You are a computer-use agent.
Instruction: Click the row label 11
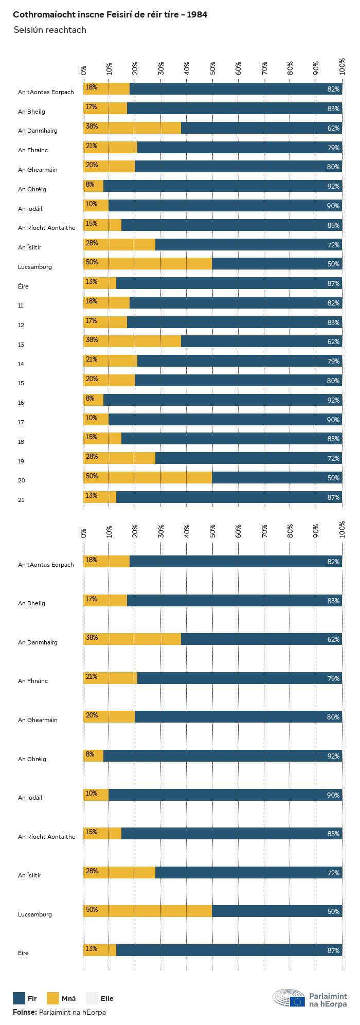pyautogui.click(x=21, y=305)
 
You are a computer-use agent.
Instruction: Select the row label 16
pyautogui.click(x=21, y=403)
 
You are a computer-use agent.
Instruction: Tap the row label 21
pyautogui.click(x=21, y=500)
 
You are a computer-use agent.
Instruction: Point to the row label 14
pyautogui.click(x=21, y=364)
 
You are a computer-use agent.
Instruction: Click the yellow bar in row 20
pyautogui.click(x=148, y=478)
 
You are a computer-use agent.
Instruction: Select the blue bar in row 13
pyautogui.click(x=261, y=341)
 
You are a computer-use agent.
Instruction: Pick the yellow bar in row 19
pyautogui.click(x=119, y=458)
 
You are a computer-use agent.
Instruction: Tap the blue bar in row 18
pyautogui.click(x=231, y=439)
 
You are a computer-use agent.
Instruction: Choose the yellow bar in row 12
pyautogui.click(x=105, y=322)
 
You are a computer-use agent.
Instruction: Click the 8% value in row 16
pyautogui.click(x=90, y=398)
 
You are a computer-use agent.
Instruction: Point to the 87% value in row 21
pyautogui.click(x=333, y=497)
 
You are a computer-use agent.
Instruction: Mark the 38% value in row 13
pyautogui.click(x=92, y=340)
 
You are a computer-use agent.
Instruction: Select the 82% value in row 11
pyautogui.click(x=333, y=303)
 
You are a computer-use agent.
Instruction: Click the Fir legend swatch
pyautogui.click(x=19, y=998)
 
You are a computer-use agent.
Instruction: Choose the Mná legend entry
pyautogui.click(x=68, y=998)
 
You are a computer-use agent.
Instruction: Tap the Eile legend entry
pyautogui.click(x=106, y=998)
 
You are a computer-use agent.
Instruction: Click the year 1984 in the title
pyautogui.click(x=197, y=15)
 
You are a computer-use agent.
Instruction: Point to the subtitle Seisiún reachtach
pyautogui.click(x=50, y=30)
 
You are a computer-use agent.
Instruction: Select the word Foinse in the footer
pyautogui.click(x=25, y=1012)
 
